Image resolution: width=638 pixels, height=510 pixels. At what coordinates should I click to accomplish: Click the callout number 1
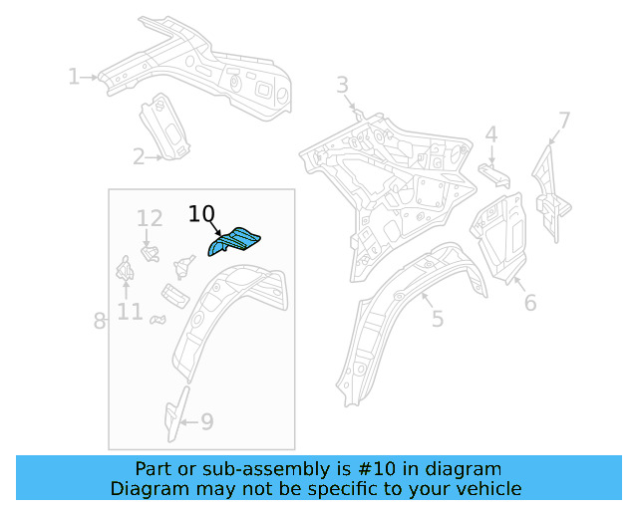point(74,76)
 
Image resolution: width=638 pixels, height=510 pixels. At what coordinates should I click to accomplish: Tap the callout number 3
point(342,85)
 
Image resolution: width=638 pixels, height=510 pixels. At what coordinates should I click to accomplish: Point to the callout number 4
point(490,134)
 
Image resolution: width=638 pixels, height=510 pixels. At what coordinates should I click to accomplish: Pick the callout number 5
point(437,319)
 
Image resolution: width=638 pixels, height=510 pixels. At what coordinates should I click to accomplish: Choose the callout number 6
point(530,302)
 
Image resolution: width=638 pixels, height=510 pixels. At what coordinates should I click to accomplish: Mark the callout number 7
point(564,122)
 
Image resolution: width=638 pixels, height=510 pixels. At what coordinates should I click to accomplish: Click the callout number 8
point(100,321)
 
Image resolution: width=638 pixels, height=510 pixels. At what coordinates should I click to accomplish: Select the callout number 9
point(206,422)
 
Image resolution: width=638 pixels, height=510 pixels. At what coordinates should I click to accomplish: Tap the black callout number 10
point(201,214)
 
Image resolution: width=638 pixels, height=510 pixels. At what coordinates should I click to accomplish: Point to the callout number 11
point(130,312)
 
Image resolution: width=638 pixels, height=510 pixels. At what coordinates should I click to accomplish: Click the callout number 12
point(150,218)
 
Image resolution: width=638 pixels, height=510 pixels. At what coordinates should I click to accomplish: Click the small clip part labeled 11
point(127,270)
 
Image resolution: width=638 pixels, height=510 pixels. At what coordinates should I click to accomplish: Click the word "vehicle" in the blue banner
point(486,488)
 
